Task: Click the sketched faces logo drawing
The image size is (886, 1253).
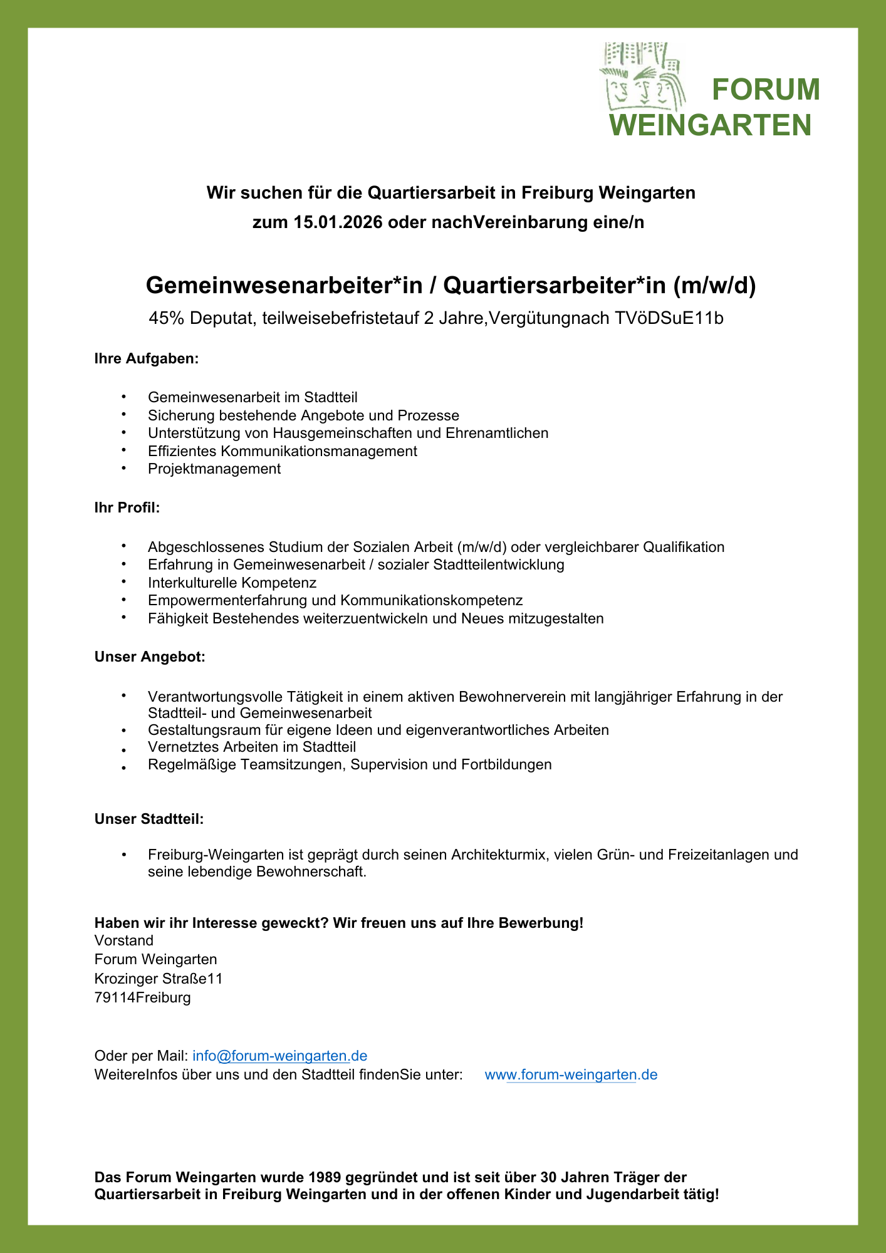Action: [x=642, y=78]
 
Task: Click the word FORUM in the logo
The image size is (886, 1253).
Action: [x=766, y=90]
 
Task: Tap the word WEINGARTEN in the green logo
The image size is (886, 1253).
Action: [x=711, y=125]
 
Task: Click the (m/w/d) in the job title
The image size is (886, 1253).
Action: [x=714, y=286]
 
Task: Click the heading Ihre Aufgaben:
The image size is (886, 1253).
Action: [x=146, y=359]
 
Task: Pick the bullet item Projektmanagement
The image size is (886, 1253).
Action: [x=214, y=469]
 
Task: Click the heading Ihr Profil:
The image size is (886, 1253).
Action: [x=127, y=507]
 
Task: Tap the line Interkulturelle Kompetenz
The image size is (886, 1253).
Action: [x=232, y=583]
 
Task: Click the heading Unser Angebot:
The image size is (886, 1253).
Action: [x=150, y=657]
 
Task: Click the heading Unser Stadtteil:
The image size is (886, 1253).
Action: [x=149, y=819]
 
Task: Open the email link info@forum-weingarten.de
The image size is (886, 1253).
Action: [x=279, y=1056]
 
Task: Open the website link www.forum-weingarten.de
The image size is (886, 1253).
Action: [x=571, y=1075]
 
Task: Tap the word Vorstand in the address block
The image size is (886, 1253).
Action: [x=123, y=940]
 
